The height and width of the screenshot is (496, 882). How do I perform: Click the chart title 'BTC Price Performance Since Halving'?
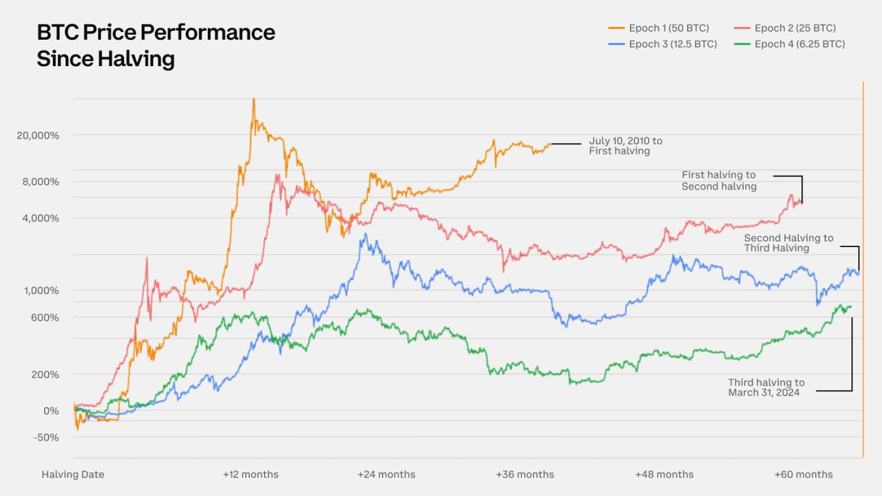[x=156, y=45]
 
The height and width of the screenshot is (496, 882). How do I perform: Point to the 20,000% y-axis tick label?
[x=37, y=136]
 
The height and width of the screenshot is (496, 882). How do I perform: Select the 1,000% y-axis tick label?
[x=39, y=291]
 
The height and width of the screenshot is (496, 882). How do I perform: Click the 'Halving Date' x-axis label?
[x=73, y=475]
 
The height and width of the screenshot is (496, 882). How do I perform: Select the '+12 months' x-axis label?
[x=250, y=475]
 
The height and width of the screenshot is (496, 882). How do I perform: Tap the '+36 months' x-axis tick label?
[x=525, y=475]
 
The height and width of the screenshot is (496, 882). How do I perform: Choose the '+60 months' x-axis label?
[x=803, y=475]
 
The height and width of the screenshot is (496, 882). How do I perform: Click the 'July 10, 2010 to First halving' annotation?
[x=625, y=146]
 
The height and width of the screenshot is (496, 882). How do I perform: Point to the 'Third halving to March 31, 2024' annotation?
[x=766, y=388]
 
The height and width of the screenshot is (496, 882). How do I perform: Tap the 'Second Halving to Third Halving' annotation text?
[x=788, y=243]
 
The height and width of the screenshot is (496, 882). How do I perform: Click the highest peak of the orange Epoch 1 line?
[x=253, y=100]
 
